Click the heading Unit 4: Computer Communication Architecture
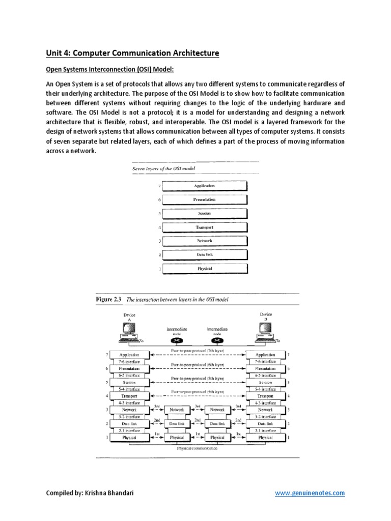(132, 53)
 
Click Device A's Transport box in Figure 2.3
(129, 396)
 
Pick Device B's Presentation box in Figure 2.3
(265, 368)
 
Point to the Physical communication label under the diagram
(198, 448)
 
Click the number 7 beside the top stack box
(159, 186)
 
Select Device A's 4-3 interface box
(129, 402)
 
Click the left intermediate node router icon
(177, 340)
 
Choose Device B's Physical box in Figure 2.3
(265, 437)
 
